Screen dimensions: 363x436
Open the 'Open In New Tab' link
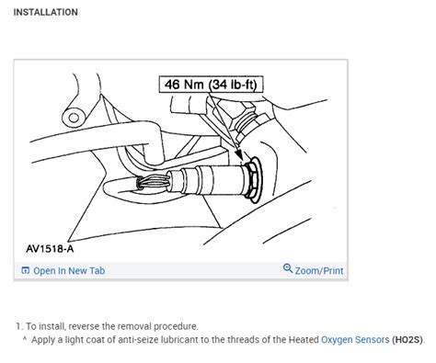69,270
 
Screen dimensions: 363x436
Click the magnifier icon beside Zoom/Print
288,269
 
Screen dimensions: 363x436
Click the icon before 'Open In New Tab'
25,270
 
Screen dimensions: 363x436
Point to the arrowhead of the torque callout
243,145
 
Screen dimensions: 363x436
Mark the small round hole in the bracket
68,118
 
